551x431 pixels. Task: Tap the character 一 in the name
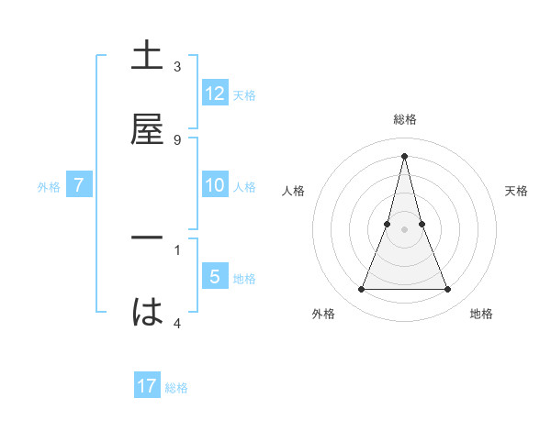(x=147, y=237)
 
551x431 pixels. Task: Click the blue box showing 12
(x=215, y=94)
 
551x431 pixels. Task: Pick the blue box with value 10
(x=215, y=185)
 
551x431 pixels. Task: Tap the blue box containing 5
(x=215, y=277)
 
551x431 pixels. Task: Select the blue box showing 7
(x=79, y=185)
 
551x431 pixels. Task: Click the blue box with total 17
(x=147, y=386)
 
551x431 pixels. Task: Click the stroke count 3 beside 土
(x=177, y=67)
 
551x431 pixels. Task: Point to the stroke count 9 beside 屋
(x=177, y=140)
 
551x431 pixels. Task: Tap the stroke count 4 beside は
(x=177, y=324)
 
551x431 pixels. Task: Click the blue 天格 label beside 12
(x=244, y=95)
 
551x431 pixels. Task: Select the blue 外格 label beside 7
(x=49, y=187)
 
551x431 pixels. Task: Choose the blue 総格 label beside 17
(x=176, y=388)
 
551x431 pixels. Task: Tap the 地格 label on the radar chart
(x=481, y=314)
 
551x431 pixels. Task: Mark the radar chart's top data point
(x=404, y=155)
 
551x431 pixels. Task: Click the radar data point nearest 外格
(x=361, y=290)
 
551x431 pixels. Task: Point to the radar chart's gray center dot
(x=404, y=229)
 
